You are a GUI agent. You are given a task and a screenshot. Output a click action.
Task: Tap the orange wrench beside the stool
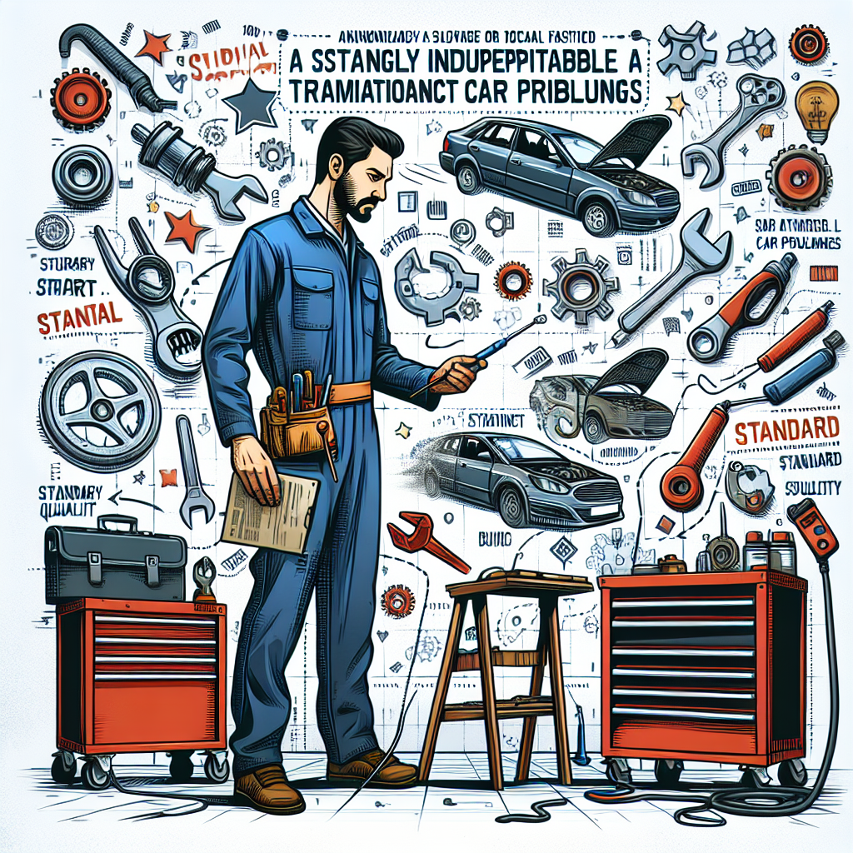point(426,541)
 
